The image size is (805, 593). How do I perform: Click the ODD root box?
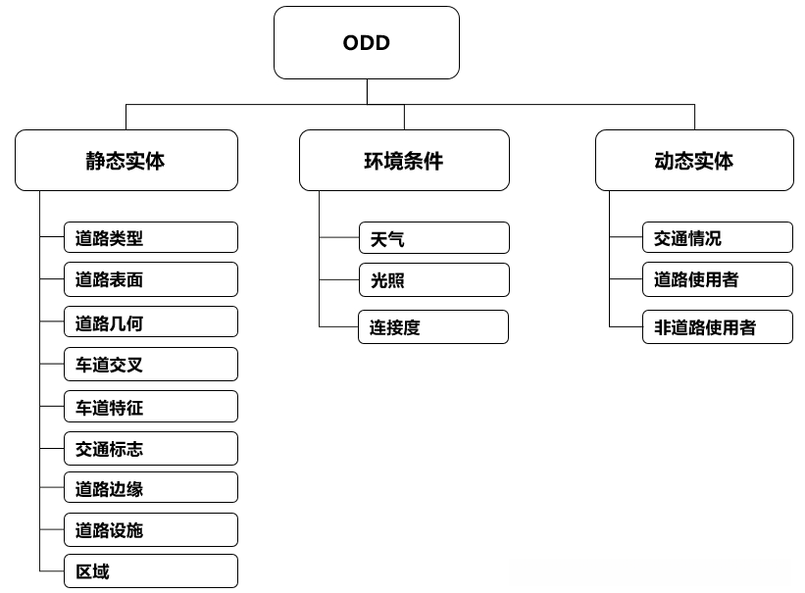click(x=367, y=43)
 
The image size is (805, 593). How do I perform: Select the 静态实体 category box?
click(x=126, y=161)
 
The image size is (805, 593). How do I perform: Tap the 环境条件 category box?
click(x=404, y=161)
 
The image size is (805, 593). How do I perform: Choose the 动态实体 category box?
click(x=694, y=161)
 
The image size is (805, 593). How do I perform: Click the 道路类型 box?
click(x=151, y=237)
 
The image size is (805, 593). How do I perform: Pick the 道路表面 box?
click(x=151, y=279)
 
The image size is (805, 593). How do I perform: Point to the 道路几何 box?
click(x=151, y=322)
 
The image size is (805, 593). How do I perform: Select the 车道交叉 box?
click(x=151, y=365)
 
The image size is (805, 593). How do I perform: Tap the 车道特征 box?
click(x=151, y=407)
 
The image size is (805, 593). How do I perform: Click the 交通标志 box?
click(x=151, y=449)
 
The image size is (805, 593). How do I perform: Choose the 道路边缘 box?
click(x=151, y=488)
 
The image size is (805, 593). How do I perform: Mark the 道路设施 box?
click(x=151, y=530)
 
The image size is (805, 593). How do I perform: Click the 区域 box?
click(x=151, y=571)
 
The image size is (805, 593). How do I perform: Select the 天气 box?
click(x=433, y=238)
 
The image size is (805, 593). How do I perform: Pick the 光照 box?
click(x=433, y=280)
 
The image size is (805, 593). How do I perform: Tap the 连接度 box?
click(x=433, y=327)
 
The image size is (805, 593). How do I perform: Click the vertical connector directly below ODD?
click(x=367, y=91)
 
